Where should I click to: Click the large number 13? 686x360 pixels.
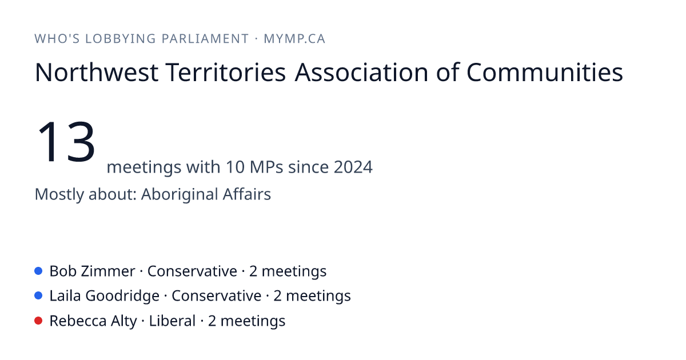[66, 142]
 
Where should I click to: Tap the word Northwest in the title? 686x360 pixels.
[97, 73]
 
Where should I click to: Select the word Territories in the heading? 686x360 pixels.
[226, 73]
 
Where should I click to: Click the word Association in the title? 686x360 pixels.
[361, 73]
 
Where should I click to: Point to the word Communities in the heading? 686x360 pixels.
[544, 73]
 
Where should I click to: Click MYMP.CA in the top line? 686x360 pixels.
[294, 39]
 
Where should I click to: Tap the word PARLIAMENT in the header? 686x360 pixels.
[205, 39]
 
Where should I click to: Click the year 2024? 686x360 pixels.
[353, 167]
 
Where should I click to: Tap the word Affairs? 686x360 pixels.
[247, 194]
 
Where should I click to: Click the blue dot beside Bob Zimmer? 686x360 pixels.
[38, 271]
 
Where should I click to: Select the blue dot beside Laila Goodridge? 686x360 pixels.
[38, 296]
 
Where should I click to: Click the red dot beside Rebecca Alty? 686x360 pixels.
[38, 321]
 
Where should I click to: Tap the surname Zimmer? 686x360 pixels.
[108, 271]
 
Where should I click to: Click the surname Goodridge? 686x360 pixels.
[122, 297]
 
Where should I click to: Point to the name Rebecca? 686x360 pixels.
[78, 321]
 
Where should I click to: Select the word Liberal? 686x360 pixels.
[172, 321]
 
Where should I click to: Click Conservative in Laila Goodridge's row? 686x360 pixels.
[217, 296]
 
